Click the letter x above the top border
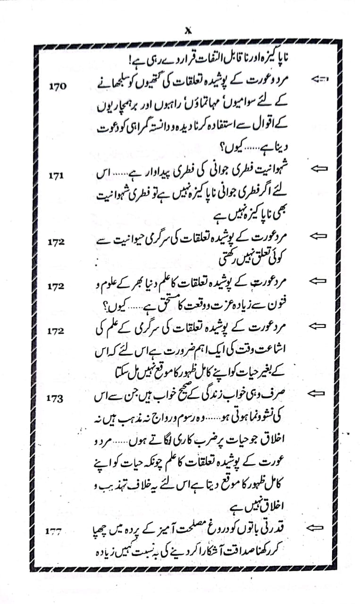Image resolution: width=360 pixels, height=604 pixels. (x=187, y=30)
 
